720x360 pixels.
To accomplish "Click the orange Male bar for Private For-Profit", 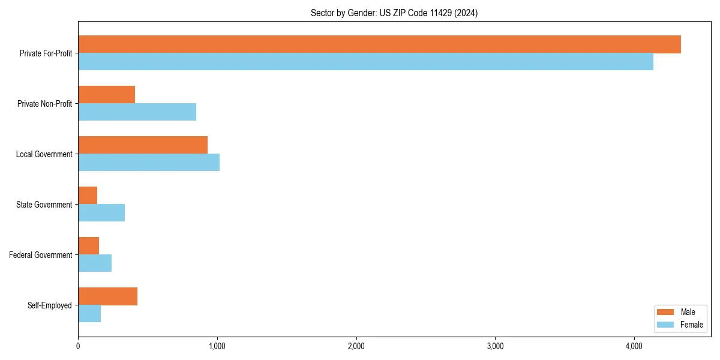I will pyautogui.click(x=379, y=44).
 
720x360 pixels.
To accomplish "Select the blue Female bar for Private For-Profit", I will pyautogui.click(x=365, y=62).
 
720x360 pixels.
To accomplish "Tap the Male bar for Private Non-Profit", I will pyautogui.click(x=106, y=95).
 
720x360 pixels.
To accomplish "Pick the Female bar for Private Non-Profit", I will pyautogui.click(x=137, y=112).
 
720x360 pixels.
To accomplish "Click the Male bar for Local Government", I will pyautogui.click(x=143, y=145).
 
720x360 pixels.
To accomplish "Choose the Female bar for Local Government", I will pyautogui.click(x=149, y=163).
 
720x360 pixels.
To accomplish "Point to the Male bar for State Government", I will pyautogui.click(x=88, y=196).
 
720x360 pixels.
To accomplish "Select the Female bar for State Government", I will pyautogui.click(x=101, y=213).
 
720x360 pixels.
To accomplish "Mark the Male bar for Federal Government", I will pyautogui.click(x=88, y=246).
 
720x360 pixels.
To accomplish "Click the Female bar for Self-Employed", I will pyautogui.click(x=89, y=314).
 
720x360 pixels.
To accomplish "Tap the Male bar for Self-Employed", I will pyautogui.click(x=107, y=296).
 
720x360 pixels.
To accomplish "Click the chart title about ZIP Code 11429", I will pyautogui.click(x=394, y=13).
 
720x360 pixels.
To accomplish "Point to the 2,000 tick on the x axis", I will pyautogui.click(x=356, y=346).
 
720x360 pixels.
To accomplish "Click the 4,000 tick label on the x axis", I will pyautogui.click(x=634, y=346).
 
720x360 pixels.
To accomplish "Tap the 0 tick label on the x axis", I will pyautogui.click(x=78, y=346).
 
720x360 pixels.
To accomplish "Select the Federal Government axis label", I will pyautogui.click(x=41, y=255).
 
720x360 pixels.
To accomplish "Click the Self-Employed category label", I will pyautogui.click(x=50, y=305).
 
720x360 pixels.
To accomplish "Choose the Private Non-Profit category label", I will pyautogui.click(x=44, y=104).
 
